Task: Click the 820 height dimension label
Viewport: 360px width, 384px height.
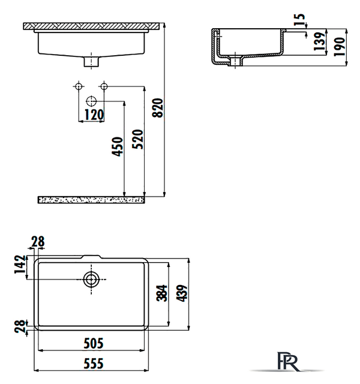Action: point(157,108)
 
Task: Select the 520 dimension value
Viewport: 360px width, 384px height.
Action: point(137,139)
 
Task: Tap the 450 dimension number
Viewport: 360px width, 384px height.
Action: point(118,146)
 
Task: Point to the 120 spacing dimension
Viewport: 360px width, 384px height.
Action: point(94,115)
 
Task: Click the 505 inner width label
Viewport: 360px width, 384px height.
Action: point(94,343)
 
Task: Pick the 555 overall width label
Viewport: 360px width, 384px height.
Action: point(94,364)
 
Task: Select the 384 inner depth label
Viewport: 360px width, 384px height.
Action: point(162,293)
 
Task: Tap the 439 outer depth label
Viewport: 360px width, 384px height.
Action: point(182,293)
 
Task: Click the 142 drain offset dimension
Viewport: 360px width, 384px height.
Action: point(20,264)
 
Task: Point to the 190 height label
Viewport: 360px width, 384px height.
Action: point(340,47)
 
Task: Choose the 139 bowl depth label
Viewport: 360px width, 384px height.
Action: point(320,41)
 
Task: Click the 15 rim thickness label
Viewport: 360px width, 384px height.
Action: point(299,20)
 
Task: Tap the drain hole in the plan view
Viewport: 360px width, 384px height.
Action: point(91,279)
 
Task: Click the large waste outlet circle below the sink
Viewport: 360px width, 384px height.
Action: point(91,101)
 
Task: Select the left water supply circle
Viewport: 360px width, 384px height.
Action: point(79,86)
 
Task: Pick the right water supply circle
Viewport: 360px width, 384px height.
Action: point(104,86)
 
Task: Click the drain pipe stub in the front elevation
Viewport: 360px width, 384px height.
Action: point(91,61)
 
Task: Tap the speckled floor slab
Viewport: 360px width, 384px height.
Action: point(91,200)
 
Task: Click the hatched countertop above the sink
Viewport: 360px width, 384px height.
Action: point(91,26)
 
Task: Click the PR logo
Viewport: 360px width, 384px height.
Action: point(288,362)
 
